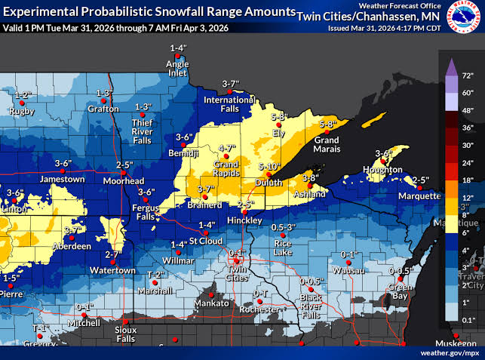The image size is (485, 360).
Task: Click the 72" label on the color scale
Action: (x=467, y=76)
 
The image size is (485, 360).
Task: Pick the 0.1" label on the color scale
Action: (x=467, y=320)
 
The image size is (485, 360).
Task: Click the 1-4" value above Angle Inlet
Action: (x=177, y=49)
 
